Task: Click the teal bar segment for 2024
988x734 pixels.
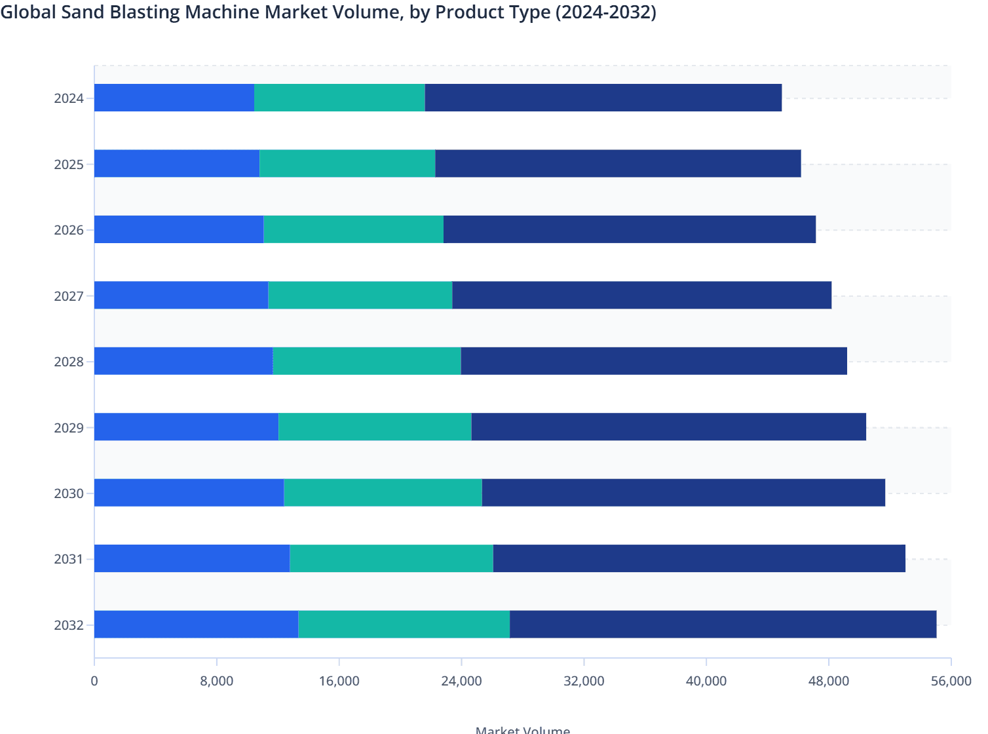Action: [x=339, y=98]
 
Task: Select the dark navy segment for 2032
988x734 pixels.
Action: [x=723, y=624]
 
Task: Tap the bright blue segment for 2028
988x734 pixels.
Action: [x=183, y=361]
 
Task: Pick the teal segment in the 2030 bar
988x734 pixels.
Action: [x=383, y=492]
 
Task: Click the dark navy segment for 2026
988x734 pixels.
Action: [x=629, y=229]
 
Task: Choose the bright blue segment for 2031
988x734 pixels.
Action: [x=192, y=558]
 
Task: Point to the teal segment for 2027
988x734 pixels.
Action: [x=360, y=295]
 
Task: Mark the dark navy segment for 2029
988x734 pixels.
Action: [x=668, y=427]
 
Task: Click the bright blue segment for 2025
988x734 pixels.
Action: [x=177, y=163]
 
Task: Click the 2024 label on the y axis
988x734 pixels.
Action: [x=69, y=98]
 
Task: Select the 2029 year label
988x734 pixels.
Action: [x=69, y=428]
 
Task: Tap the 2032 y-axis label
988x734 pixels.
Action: [x=69, y=625]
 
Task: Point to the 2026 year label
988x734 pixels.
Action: [x=69, y=230]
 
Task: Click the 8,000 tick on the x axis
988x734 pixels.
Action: [x=217, y=681]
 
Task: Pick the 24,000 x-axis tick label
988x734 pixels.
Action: [x=461, y=681]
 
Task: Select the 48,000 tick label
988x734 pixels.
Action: [x=828, y=681]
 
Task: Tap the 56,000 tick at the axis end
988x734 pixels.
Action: [x=951, y=681]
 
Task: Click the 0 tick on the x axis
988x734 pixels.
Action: [x=94, y=681]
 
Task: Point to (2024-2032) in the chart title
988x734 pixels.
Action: [x=605, y=12]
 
